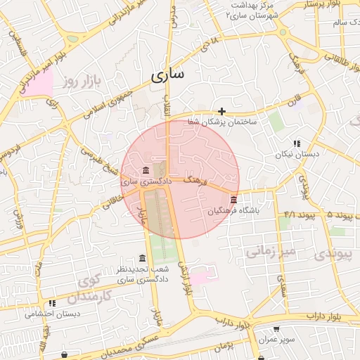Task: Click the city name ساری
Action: click(x=169, y=74)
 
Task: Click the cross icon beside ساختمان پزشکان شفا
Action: click(x=222, y=111)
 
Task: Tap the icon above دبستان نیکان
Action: click(x=297, y=143)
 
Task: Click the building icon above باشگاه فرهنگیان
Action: click(x=233, y=200)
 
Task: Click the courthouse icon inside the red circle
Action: click(x=146, y=171)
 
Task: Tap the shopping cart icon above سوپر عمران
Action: click(x=276, y=328)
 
